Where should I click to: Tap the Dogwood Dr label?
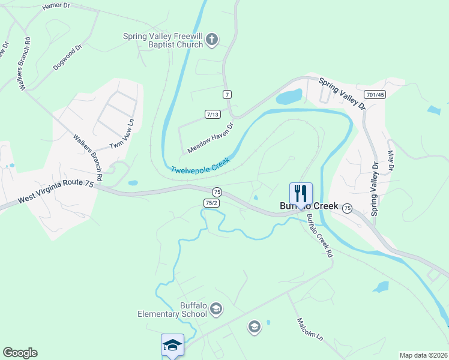point(67,58)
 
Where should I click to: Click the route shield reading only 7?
point(227,95)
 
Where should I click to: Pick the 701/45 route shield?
point(375,95)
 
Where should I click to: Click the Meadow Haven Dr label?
point(209,137)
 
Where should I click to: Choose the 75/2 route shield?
point(211,203)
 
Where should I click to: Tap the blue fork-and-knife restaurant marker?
point(301,193)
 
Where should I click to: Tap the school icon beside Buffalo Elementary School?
point(216,310)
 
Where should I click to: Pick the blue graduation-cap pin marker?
point(172,345)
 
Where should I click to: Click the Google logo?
point(20,353)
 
